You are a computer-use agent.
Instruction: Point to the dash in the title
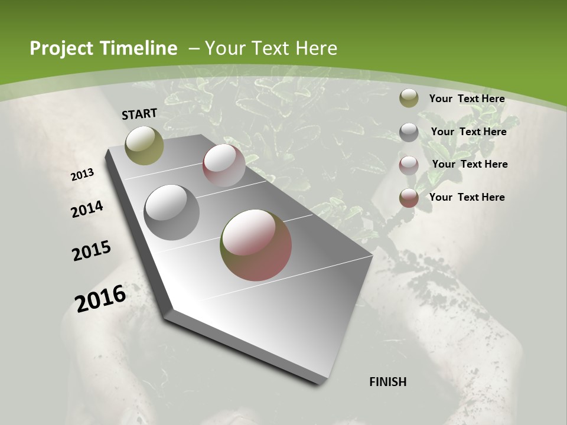tap(194, 48)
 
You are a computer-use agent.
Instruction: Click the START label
tap(139, 114)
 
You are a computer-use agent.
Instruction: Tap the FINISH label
tap(388, 382)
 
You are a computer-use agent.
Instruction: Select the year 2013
tap(82, 175)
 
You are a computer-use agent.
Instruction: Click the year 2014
tap(87, 209)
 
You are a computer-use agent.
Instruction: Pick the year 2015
tap(91, 251)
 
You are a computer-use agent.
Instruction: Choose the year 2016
tap(100, 298)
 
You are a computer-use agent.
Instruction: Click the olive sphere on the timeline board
tap(144, 145)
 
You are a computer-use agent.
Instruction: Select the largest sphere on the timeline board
tap(256, 245)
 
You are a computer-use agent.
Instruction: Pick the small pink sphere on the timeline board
tap(224, 165)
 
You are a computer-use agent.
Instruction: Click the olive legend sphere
tap(409, 99)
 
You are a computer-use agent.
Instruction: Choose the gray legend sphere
tap(409, 132)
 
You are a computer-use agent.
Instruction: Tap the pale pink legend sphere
tap(409, 165)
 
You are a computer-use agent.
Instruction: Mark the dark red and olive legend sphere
tap(409, 198)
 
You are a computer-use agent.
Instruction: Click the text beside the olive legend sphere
tap(467, 99)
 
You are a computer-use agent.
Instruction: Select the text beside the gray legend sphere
tap(468, 132)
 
